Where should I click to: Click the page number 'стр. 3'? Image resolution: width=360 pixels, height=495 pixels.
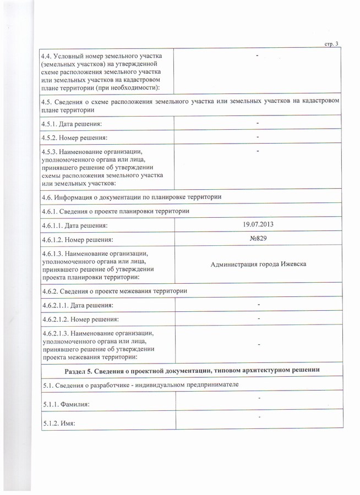pos(332,44)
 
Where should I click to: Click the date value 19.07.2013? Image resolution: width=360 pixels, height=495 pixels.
pos(258,224)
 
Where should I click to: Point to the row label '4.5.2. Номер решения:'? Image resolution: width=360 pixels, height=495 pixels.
pos(74,137)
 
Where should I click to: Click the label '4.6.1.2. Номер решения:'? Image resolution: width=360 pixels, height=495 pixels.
pos(78,240)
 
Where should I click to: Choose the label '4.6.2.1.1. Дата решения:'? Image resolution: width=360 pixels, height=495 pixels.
pos(78,305)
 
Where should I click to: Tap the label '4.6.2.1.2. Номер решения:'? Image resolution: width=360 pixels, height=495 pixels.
pos(81,319)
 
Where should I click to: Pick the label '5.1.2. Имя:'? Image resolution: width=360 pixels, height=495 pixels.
pos(58,424)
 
